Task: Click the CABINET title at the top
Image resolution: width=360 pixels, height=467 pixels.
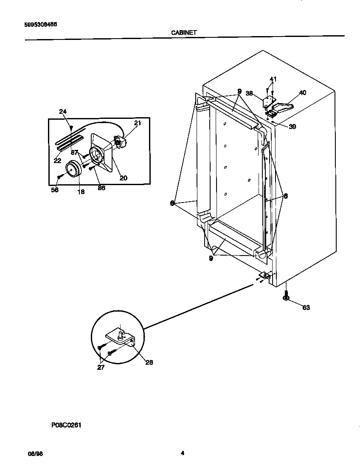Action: coord(184,32)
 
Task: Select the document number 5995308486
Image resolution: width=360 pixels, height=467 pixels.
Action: coord(38,24)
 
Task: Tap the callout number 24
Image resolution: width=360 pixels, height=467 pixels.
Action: coord(62,112)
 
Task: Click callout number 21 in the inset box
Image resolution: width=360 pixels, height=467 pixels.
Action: coord(137,123)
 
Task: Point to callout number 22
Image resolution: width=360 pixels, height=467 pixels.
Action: coord(57,161)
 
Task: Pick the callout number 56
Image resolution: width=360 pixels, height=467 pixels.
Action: coord(55,190)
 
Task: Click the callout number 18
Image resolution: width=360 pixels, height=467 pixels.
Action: coord(81,191)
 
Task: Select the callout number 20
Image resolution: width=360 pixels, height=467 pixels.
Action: coord(123,178)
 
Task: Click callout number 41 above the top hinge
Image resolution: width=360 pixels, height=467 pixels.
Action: coord(273,79)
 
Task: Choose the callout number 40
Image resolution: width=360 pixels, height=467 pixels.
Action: coord(302,93)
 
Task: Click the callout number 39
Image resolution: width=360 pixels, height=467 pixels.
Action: coord(292,127)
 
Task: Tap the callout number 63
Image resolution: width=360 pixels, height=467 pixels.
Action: coord(306,307)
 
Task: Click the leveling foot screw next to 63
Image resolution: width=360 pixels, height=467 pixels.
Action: coord(287,296)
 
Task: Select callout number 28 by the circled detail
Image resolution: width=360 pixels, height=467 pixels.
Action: coord(149,362)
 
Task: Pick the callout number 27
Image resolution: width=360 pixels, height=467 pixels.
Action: coord(101,368)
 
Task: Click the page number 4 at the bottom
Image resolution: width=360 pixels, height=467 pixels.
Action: coord(182,453)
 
